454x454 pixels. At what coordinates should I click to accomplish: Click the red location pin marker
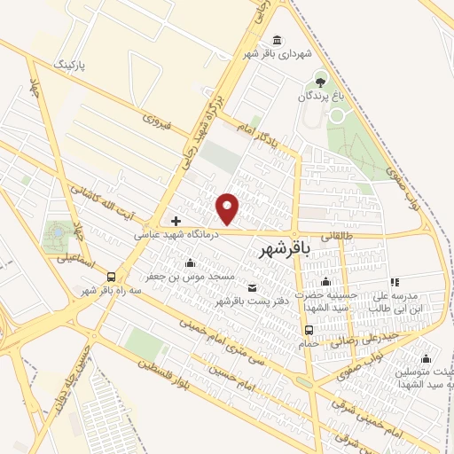(x=229, y=207)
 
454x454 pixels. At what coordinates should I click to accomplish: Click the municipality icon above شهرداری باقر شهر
(x=279, y=41)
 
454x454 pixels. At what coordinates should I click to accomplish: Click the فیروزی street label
(x=155, y=121)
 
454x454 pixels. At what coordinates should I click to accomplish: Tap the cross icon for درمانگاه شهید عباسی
(x=176, y=221)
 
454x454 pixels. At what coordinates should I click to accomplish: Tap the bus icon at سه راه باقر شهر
(x=111, y=277)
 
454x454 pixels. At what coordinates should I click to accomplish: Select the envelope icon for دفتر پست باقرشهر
(x=253, y=287)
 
